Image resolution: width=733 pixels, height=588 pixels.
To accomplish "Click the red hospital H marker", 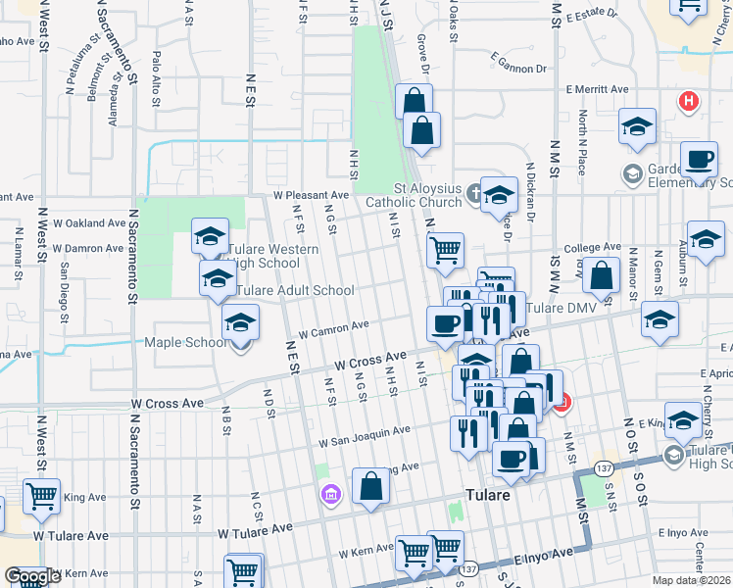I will pyautogui.click(x=689, y=100).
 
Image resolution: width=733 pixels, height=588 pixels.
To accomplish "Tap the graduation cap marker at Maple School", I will pyautogui.click(x=240, y=323).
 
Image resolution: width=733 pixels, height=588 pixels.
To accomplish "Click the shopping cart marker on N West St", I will pyautogui.click(x=41, y=497).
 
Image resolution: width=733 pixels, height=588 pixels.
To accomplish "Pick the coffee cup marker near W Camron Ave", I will pyautogui.click(x=446, y=322).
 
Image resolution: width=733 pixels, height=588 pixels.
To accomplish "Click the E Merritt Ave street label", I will pyautogui.click(x=597, y=89).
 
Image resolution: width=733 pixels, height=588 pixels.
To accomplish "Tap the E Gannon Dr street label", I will pyautogui.click(x=514, y=69).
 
